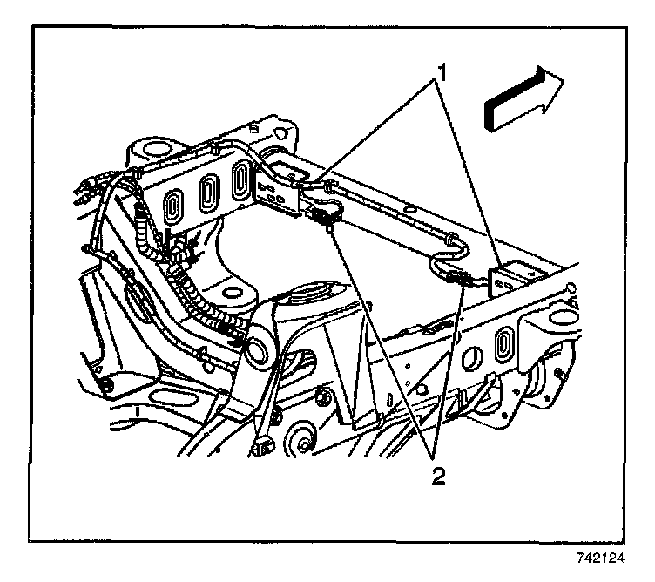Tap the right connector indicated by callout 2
coord(462,281)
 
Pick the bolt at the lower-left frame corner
coord(106,385)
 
